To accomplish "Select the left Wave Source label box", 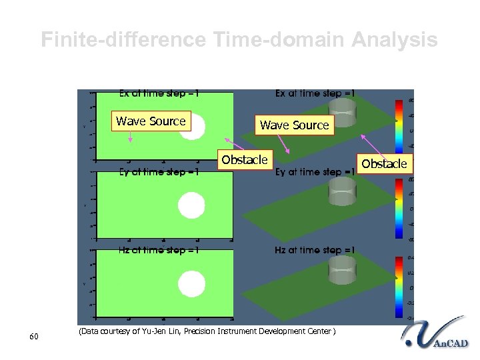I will (151, 121).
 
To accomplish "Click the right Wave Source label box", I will (295, 125).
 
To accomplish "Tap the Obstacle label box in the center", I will (245, 160).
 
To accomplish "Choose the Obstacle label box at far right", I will (385, 163).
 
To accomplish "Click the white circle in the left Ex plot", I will (193, 126).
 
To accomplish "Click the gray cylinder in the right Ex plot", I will (344, 113).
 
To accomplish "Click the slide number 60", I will (35, 337).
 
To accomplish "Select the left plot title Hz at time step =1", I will (159, 250).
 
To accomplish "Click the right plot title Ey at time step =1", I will (315, 172).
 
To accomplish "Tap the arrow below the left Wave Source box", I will (131, 137).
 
